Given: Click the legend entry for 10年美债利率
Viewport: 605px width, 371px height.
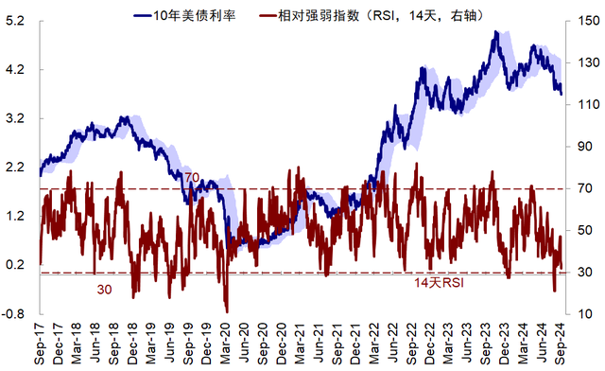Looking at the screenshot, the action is [x=184, y=15].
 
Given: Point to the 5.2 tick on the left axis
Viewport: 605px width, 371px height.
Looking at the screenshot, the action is [x=15, y=21].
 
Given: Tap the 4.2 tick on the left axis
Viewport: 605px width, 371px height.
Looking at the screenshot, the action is [x=15, y=70].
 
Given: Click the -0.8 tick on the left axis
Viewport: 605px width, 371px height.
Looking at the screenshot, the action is [x=13, y=313].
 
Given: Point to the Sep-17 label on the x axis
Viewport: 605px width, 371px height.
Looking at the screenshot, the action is [x=40, y=344].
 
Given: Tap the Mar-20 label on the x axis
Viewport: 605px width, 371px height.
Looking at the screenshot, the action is [x=225, y=344].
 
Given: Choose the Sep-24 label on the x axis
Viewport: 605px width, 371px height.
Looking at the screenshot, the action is [x=561, y=344].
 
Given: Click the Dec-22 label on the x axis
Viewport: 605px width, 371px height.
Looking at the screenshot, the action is [x=430, y=344].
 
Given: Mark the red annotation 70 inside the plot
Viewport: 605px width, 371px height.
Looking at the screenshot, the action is [x=192, y=178].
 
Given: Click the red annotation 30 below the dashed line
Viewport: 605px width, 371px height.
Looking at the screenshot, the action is [x=104, y=290].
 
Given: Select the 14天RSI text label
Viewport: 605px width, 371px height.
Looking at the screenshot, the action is [x=439, y=283].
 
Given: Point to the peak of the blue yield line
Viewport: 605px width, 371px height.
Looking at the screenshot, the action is [x=496, y=32].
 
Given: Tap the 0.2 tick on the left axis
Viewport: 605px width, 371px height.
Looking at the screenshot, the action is [x=15, y=265].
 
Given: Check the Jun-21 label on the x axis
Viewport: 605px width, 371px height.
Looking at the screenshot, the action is [x=319, y=344].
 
